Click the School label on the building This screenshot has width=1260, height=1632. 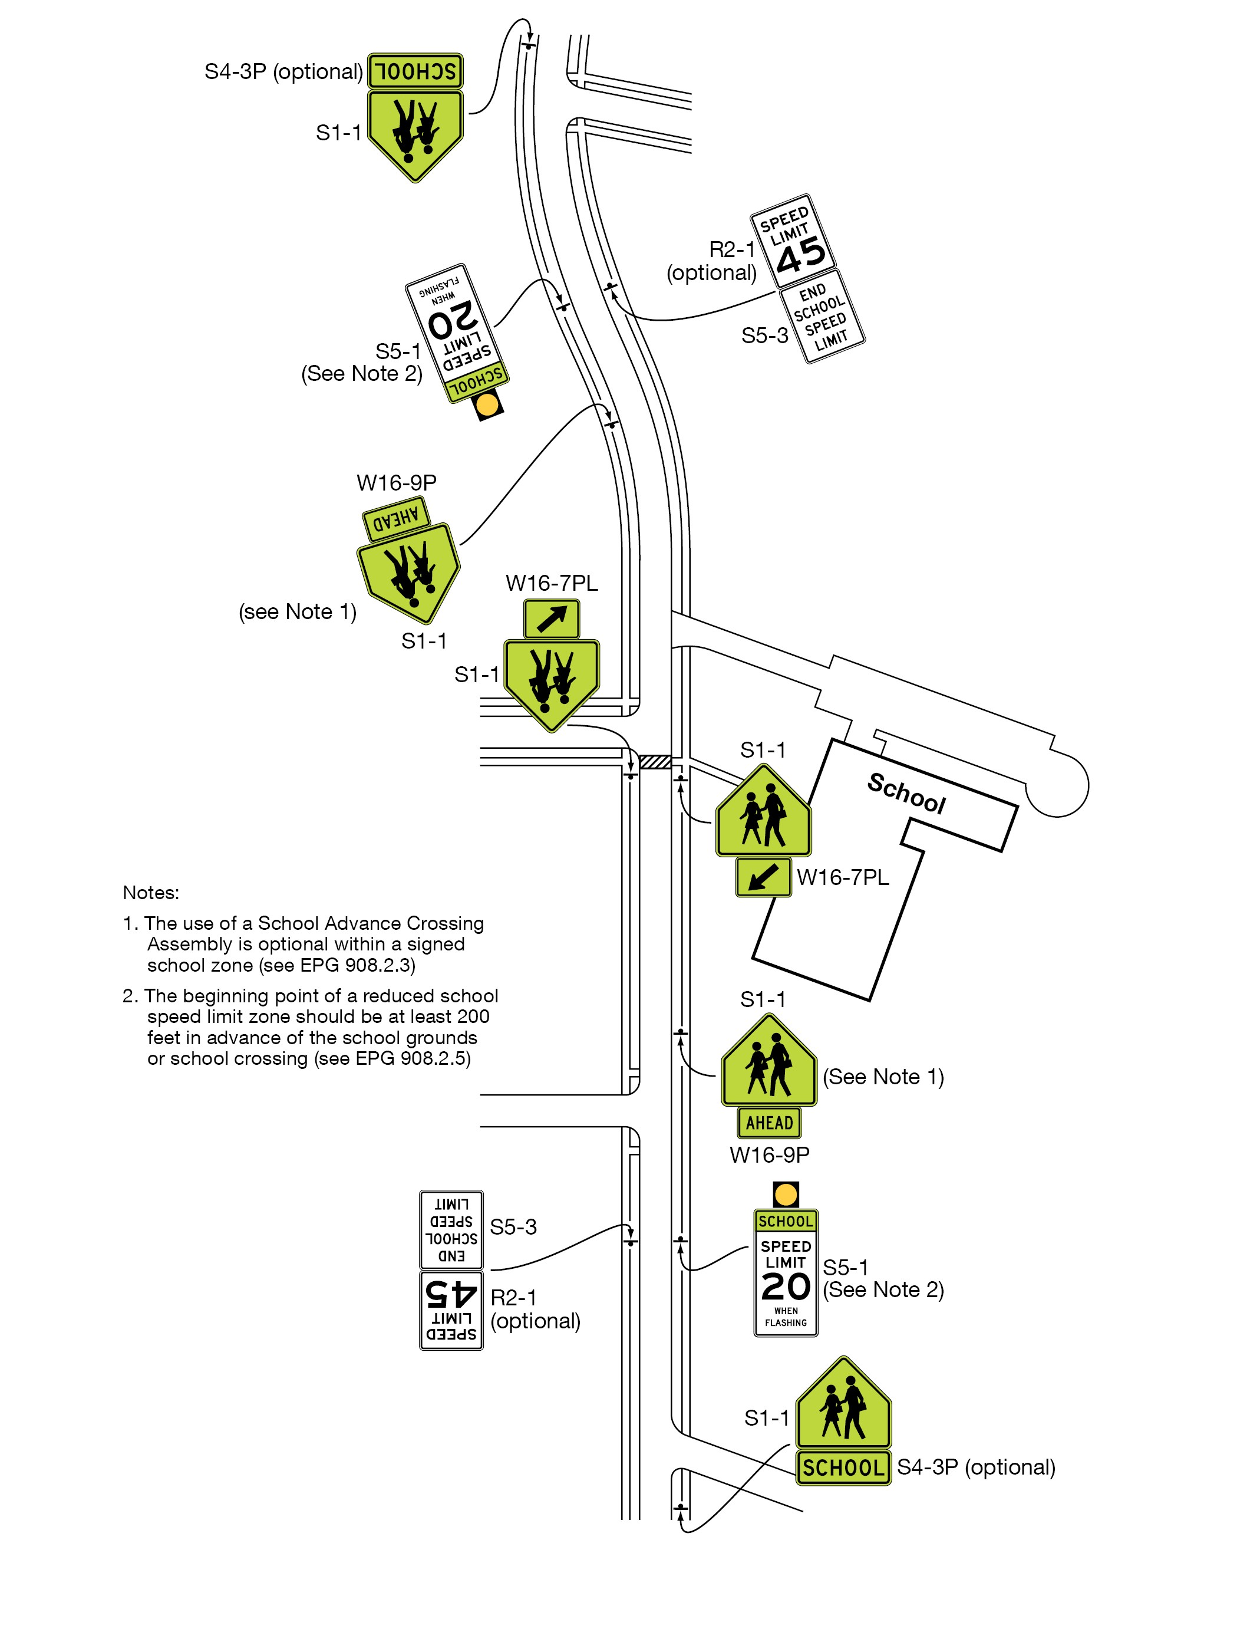coord(906,794)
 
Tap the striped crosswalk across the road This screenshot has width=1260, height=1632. coord(655,762)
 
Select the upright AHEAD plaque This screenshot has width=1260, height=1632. coord(768,1123)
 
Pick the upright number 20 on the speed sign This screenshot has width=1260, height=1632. coord(785,1286)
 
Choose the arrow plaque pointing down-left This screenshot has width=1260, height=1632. coord(763,877)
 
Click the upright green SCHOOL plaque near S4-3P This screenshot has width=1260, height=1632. coord(843,1468)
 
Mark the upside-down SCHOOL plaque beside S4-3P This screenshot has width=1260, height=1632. coord(415,72)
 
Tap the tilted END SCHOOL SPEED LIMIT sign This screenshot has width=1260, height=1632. coord(822,317)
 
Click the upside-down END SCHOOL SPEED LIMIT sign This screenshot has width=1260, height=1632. coord(451,1230)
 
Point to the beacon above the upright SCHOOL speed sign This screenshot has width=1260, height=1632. coord(785,1194)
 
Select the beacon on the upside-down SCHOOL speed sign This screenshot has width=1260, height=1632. coord(489,405)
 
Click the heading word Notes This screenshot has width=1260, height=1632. coord(151,893)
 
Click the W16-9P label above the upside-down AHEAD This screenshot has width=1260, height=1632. coord(397,483)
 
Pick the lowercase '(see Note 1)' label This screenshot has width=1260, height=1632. coord(297,612)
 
